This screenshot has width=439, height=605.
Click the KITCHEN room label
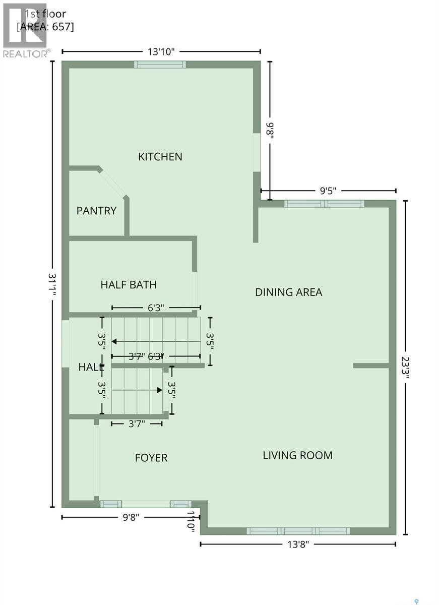(160, 157)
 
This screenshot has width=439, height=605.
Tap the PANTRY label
(96, 211)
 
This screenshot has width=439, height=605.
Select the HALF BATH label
(129, 285)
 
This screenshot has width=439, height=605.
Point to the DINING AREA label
(288, 292)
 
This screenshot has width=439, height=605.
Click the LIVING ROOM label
(297, 455)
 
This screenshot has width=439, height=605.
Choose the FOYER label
(151, 458)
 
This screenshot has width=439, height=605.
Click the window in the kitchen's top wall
(160, 65)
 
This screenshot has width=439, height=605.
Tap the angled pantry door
(112, 183)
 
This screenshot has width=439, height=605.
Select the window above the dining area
(324, 204)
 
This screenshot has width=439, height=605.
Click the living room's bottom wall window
(298, 531)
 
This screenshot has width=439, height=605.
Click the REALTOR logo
(25, 30)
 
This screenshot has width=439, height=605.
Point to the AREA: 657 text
(45, 27)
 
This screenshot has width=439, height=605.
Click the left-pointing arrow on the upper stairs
(115, 341)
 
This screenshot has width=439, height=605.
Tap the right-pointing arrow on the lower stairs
(159, 390)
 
